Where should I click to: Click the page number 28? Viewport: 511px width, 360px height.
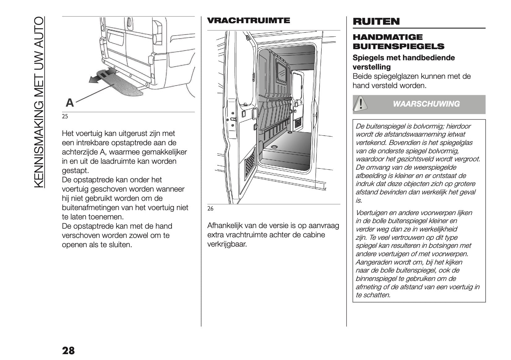point(68,351)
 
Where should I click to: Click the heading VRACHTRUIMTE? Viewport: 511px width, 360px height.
point(248,21)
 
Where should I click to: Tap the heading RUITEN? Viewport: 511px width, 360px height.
point(376,21)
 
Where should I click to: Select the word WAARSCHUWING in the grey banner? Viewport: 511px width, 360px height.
point(426,104)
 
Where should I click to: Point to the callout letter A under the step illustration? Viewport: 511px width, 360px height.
point(70,103)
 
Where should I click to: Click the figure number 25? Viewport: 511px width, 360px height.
point(65,117)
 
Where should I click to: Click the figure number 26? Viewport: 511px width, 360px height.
point(210,209)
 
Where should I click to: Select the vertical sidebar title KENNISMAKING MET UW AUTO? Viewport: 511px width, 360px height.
point(39,102)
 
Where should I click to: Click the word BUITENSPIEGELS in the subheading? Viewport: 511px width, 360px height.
point(398,47)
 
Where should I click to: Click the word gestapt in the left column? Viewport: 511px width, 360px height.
point(75,171)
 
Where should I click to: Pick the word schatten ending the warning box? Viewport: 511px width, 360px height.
point(377,295)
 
